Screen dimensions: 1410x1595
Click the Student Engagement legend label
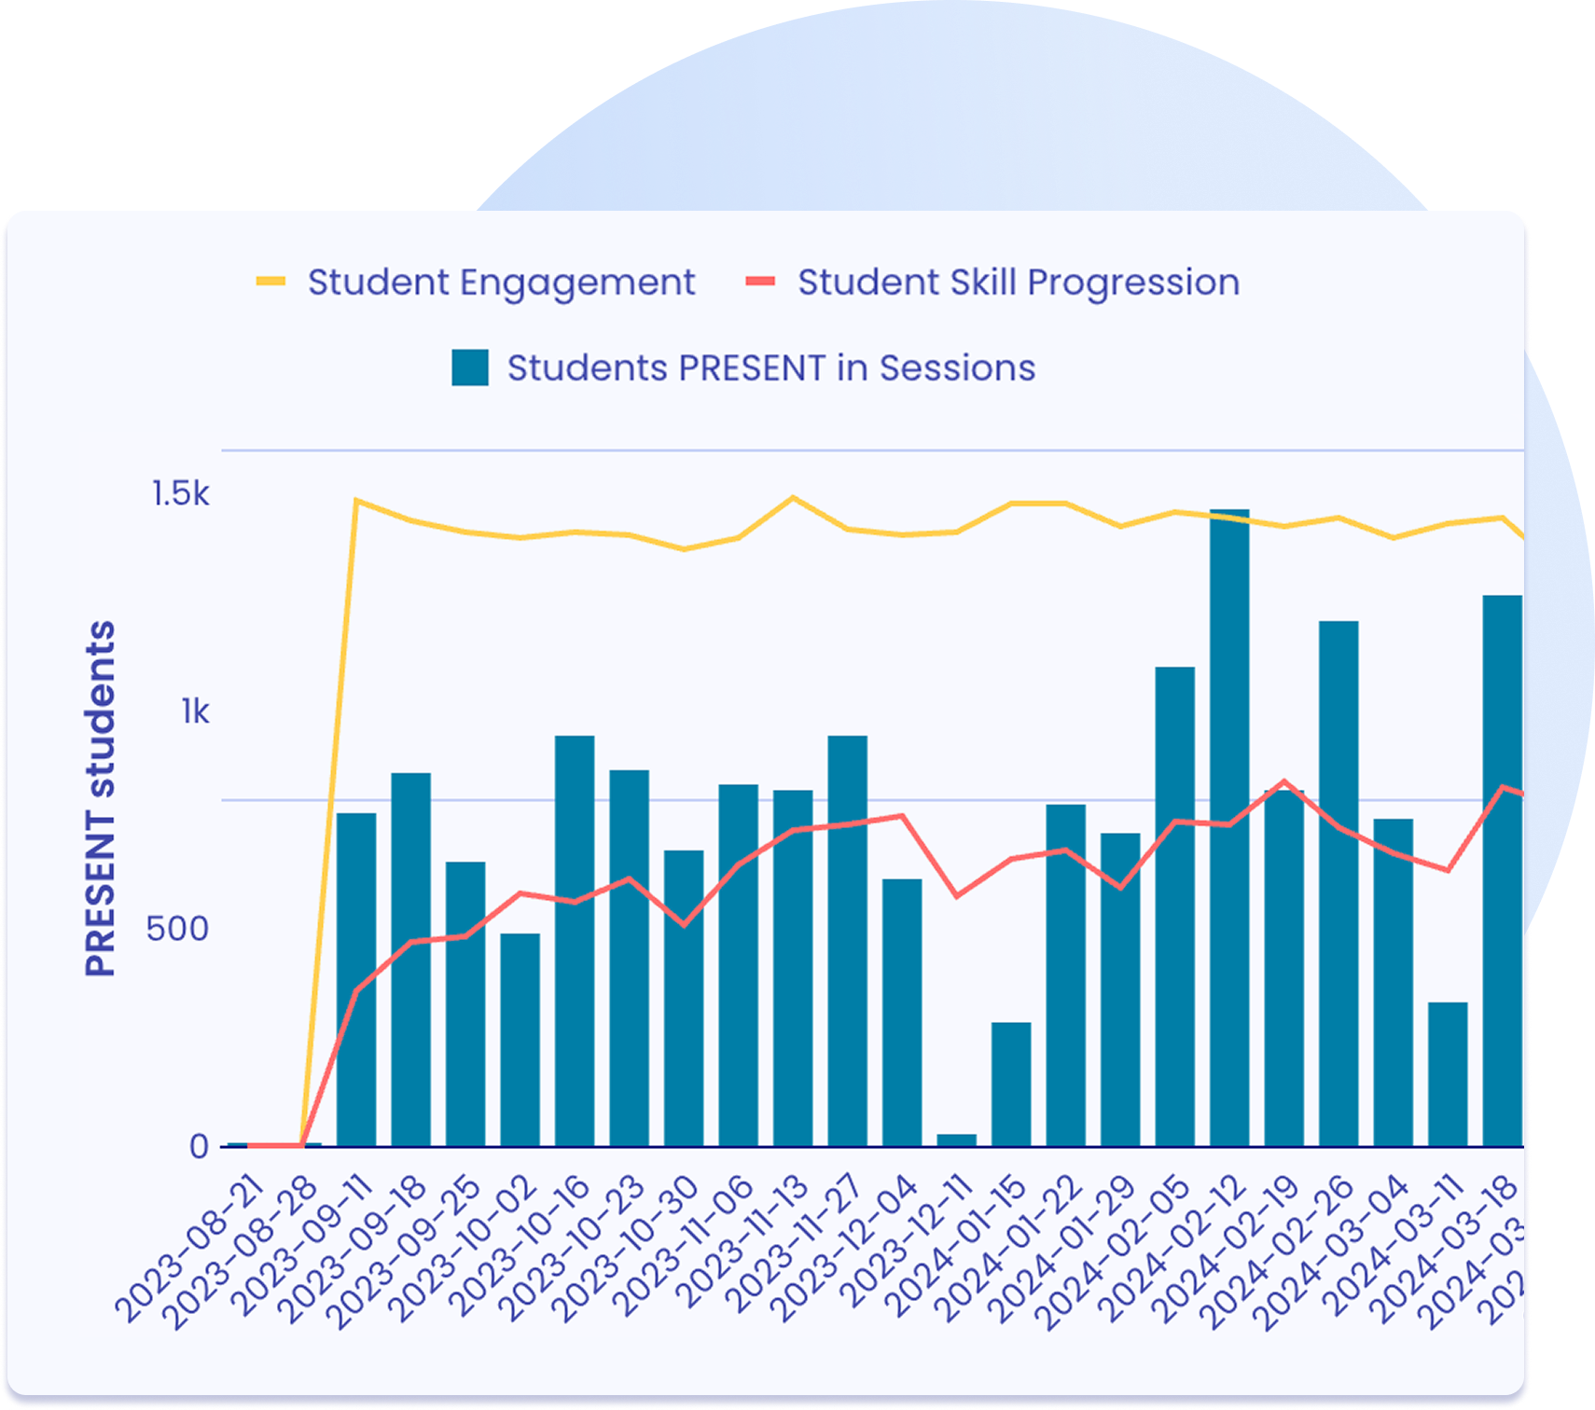click(x=501, y=283)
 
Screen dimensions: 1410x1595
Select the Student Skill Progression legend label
click(x=1018, y=283)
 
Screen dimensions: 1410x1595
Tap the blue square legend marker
click(x=470, y=368)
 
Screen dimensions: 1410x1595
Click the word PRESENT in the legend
click(x=752, y=368)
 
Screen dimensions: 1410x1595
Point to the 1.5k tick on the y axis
click(x=181, y=493)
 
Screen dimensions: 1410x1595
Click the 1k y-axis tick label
click(x=195, y=712)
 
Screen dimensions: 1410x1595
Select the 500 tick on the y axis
click(x=177, y=929)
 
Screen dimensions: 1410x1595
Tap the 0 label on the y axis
click(x=199, y=1146)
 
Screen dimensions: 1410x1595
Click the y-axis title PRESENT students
click(x=101, y=798)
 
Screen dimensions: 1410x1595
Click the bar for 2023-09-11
click(x=356, y=979)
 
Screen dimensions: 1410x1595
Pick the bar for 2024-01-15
click(x=1011, y=1084)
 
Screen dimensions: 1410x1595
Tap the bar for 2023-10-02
click(x=520, y=1040)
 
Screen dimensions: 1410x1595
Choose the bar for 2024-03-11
click(x=1448, y=1074)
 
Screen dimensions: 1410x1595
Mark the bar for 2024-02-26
click(x=1338, y=883)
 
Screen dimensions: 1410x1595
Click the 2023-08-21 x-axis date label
click(x=191, y=1250)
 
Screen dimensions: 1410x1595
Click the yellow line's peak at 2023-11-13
click(x=793, y=497)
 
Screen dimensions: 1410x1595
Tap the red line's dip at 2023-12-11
click(x=956, y=896)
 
